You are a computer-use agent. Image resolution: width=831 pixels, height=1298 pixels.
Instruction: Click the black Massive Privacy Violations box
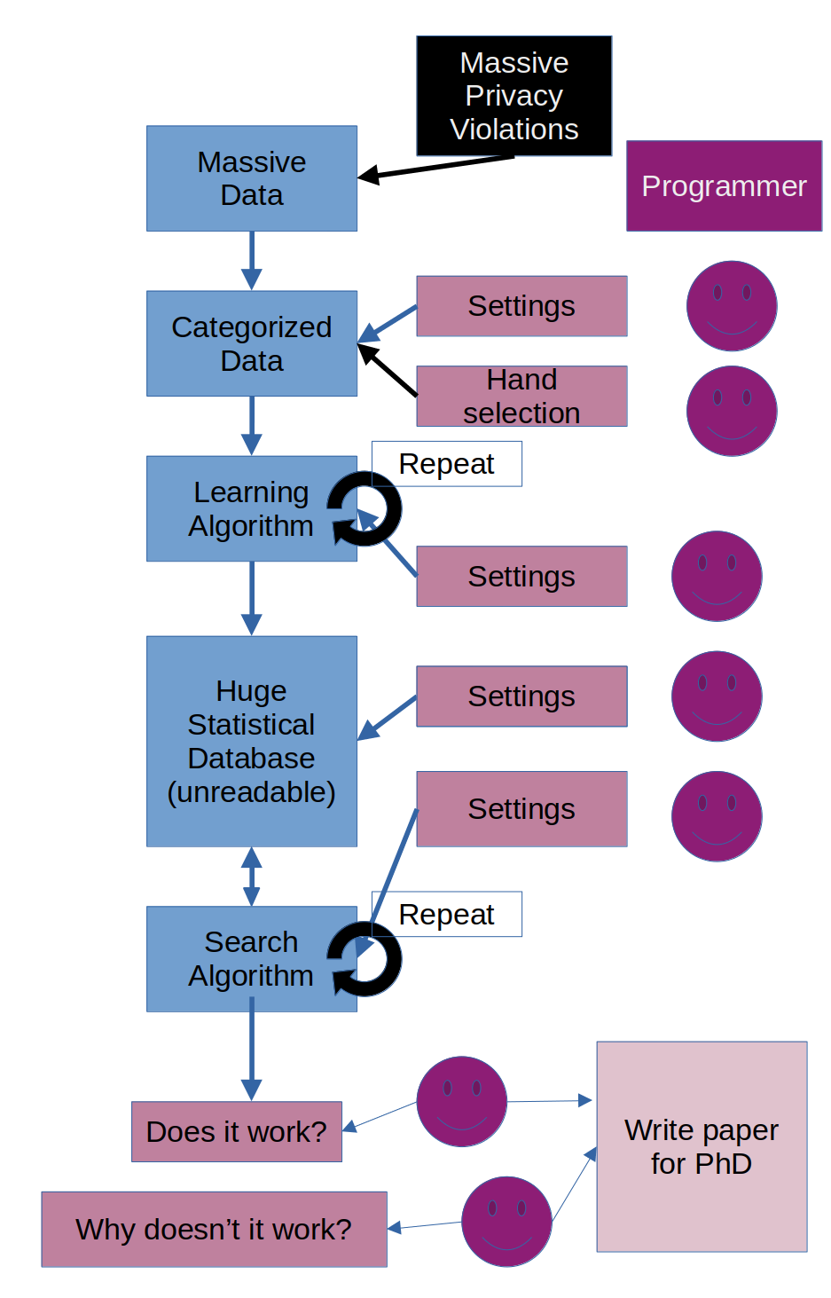[513, 96]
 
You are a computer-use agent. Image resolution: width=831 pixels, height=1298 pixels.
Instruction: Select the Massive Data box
[251, 178]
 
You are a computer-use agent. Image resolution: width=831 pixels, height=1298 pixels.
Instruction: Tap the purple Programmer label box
[724, 185]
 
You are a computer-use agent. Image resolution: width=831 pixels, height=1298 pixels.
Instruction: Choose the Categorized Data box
[251, 343]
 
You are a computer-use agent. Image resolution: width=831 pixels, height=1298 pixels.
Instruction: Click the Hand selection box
[521, 396]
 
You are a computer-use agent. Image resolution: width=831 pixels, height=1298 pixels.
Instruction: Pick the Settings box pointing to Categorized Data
[521, 306]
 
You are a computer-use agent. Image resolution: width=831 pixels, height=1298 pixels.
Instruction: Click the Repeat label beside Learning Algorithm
[446, 464]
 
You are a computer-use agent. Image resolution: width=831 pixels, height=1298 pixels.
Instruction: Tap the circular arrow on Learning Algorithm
[365, 508]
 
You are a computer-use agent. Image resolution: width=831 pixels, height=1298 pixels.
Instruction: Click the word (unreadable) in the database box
[251, 791]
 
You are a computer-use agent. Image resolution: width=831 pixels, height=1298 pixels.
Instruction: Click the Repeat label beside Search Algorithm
[446, 914]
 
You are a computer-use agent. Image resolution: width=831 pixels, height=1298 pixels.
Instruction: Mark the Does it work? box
[236, 1131]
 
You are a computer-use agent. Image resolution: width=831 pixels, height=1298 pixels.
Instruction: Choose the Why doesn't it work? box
[214, 1229]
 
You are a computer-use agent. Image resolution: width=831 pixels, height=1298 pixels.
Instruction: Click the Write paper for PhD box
[702, 1146]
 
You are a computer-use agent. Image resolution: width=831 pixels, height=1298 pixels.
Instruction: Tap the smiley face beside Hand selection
[732, 411]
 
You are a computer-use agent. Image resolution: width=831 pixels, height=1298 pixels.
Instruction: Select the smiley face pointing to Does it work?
[461, 1101]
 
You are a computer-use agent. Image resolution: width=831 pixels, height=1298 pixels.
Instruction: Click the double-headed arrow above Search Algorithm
[252, 877]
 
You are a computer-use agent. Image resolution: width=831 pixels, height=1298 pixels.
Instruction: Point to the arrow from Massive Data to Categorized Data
[252, 261]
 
